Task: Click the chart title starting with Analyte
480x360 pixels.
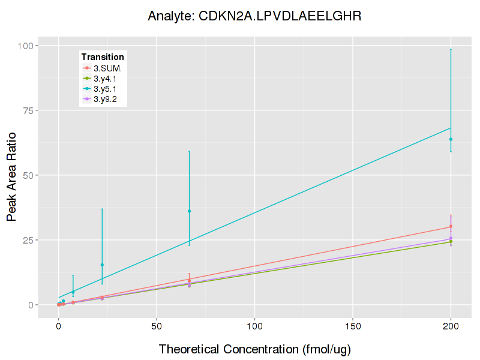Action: (x=254, y=16)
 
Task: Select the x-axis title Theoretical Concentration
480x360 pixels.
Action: (x=254, y=349)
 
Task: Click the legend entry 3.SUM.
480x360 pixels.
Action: (x=107, y=68)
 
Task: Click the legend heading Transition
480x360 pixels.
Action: (x=103, y=57)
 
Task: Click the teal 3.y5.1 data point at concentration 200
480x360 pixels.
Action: (x=451, y=139)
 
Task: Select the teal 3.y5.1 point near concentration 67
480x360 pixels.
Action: (x=189, y=211)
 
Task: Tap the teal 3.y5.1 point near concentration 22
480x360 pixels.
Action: (x=102, y=265)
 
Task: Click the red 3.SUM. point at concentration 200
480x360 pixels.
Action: (x=451, y=226)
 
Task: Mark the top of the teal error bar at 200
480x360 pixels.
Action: (x=451, y=49)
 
